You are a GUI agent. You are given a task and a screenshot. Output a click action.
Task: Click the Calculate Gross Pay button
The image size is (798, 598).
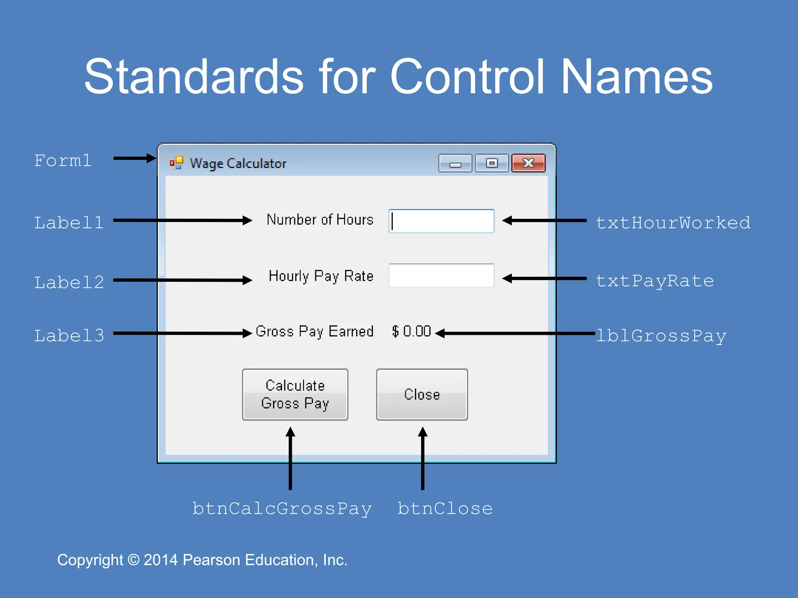pos(295,394)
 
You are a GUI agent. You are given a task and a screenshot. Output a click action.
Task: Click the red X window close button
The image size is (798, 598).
pos(528,163)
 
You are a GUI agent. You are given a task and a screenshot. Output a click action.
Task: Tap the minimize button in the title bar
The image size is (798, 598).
pos(455,163)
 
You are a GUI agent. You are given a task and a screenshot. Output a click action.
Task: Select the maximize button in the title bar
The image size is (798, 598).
pos(492,163)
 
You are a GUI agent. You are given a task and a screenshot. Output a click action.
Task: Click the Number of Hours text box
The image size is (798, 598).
pos(441,221)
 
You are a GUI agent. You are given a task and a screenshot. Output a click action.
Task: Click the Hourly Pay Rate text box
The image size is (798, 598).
pos(441,276)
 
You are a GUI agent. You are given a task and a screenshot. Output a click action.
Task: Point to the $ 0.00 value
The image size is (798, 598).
pos(411,331)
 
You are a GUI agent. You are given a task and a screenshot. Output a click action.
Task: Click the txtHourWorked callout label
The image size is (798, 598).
pos(673,223)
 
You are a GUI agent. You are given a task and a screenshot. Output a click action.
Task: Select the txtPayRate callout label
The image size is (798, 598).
pos(655,281)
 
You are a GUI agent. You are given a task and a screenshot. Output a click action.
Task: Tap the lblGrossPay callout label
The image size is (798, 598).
pos(661,336)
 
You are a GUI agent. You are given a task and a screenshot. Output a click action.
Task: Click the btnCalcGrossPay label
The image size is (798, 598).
pos(282,509)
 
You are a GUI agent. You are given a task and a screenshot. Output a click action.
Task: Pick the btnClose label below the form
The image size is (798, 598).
pos(445,509)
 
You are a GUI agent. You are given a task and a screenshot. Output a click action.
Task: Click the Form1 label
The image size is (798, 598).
pos(63,160)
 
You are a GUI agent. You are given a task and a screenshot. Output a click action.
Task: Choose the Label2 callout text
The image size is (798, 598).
pos(69,282)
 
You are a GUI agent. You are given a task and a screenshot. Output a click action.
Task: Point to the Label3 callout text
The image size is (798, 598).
pos(69,336)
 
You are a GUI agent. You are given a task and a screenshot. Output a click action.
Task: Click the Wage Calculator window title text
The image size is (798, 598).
pos(238,164)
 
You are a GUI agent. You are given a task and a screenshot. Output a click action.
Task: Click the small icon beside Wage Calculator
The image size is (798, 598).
pos(177,163)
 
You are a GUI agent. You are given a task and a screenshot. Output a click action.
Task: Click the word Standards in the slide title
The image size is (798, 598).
pos(194,77)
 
